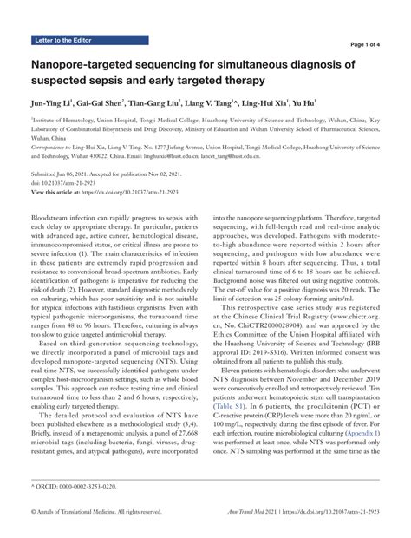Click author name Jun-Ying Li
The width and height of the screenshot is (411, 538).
coord(53,102)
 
